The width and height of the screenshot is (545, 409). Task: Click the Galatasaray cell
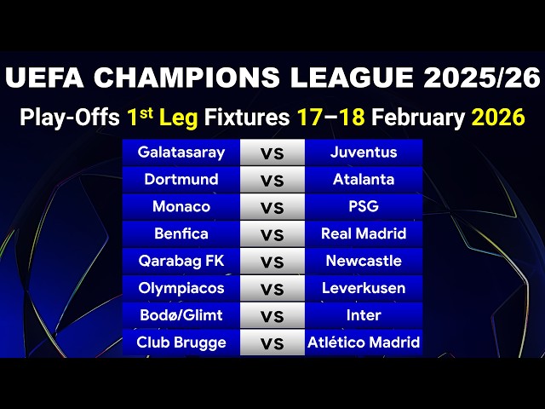(x=181, y=153)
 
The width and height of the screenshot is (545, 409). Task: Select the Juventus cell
(x=364, y=153)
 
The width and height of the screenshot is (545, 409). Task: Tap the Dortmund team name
(x=181, y=180)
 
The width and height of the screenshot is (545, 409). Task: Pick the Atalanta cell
(x=364, y=180)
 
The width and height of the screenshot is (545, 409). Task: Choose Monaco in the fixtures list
(x=181, y=207)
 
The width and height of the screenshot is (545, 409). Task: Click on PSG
(x=364, y=207)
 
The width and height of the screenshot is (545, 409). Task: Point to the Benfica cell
(x=181, y=233)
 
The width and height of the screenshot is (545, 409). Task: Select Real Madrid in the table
(x=364, y=233)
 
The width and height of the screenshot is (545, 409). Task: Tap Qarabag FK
(x=181, y=261)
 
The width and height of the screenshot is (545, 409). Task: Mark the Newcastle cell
(x=364, y=261)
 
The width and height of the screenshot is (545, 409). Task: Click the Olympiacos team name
(x=181, y=288)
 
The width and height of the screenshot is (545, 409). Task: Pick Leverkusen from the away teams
(x=364, y=288)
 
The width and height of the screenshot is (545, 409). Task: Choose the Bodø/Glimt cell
(x=181, y=315)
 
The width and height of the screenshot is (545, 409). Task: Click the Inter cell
(x=364, y=315)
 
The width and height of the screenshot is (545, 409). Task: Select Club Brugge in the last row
(x=181, y=343)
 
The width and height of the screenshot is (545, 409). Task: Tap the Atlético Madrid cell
(x=364, y=343)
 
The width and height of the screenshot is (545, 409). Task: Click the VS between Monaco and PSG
(x=272, y=207)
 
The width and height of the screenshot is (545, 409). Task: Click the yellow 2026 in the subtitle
(x=498, y=118)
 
